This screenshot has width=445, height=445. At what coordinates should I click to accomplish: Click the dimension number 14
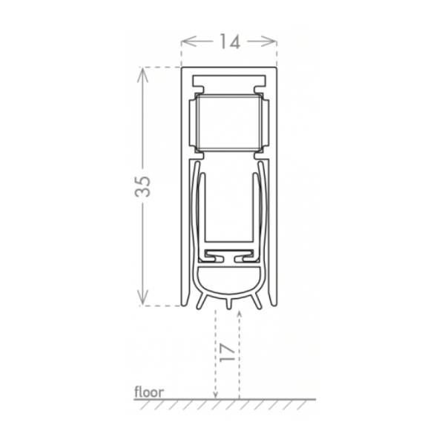[x=230, y=42]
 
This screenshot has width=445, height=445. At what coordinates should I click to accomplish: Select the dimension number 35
[x=142, y=186]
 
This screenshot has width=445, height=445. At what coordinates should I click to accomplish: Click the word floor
[x=149, y=392]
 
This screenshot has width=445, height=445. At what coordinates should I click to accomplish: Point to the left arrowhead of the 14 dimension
[x=188, y=42]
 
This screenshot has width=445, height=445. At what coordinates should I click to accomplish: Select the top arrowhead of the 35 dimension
[x=142, y=75]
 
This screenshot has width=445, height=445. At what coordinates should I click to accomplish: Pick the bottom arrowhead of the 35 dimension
[x=142, y=297]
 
